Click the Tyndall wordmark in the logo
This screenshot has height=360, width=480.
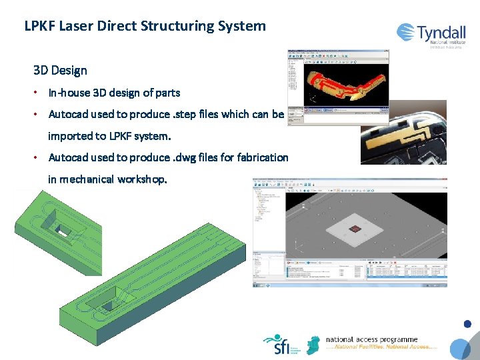[441, 33]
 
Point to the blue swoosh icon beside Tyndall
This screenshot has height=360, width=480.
[405, 31]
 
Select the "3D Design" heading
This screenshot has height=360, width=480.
[60, 70]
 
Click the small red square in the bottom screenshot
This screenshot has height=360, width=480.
[356, 229]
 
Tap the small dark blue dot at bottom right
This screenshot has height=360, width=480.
[467, 325]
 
